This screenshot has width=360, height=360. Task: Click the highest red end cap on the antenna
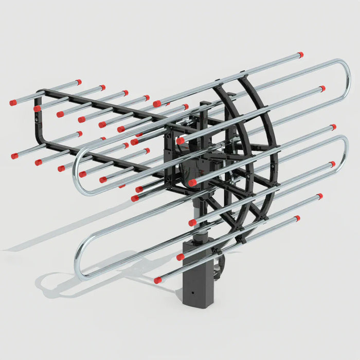(300, 54)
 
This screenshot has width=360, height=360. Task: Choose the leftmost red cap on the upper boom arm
(13, 103)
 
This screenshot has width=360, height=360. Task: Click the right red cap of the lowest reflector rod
(297, 218)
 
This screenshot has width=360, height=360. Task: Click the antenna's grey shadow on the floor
(62, 278)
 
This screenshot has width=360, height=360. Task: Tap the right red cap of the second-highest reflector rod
(322, 88)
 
